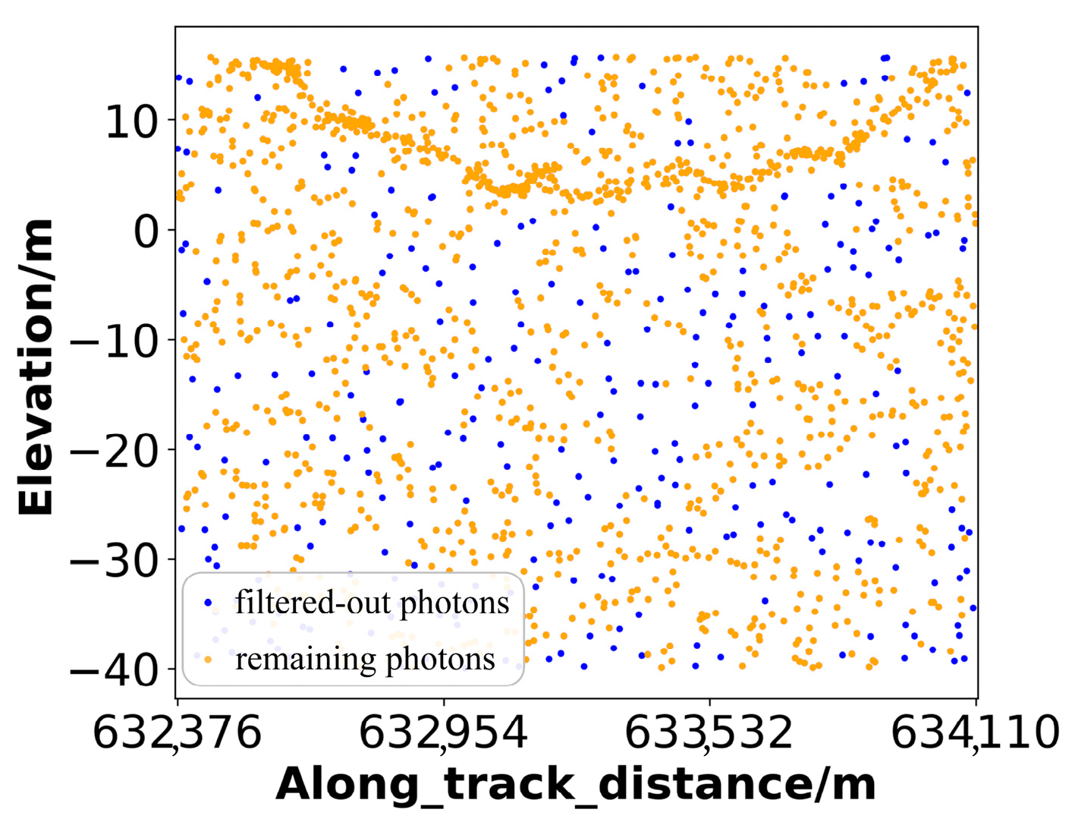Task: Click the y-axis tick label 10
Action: [x=131, y=121]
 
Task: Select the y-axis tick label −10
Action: [x=114, y=342]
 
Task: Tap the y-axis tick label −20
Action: [x=114, y=452]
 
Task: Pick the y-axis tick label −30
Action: [x=114, y=562]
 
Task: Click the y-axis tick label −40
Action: [x=114, y=672]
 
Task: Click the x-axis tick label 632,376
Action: [x=177, y=733]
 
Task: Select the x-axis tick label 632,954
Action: [x=443, y=733]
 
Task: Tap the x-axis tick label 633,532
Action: [x=709, y=733]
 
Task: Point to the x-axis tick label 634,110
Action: [x=975, y=733]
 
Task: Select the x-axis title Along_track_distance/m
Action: [x=576, y=785]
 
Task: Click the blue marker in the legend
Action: [x=209, y=603]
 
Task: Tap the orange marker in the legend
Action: [x=209, y=659]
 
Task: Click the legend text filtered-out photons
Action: [x=372, y=603]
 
